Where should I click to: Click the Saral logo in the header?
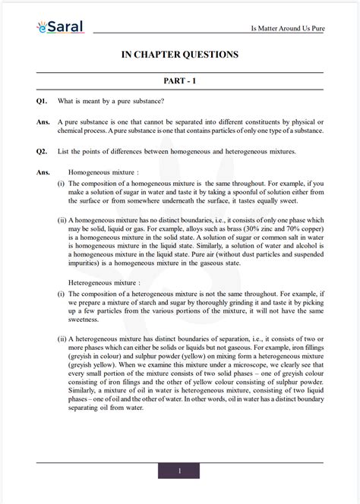(x=60, y=27)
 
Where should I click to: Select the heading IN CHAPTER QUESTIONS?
(x=180, y=55)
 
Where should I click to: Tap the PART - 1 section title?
(x=180, y=80)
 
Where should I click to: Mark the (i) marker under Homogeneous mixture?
(x=61, y=184)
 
